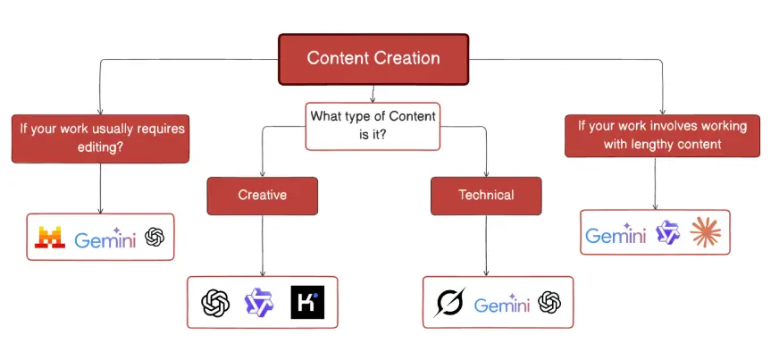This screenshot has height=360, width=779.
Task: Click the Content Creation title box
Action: click(x=373, y=59)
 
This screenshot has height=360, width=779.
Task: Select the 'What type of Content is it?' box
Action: click(x=373, y=126)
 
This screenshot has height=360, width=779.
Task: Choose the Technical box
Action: click(x=485, y=195)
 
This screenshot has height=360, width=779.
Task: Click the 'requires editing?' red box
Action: click(x=100, y=138)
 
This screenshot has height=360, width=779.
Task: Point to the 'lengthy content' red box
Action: click(x=663, y=135)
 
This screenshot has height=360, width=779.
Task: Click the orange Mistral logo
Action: click(x=49, y=238)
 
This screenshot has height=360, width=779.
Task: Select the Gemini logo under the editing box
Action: click(x=105, y=239)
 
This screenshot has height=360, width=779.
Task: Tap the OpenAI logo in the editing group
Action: click(x=155, y=238)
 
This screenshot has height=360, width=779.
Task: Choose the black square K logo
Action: click(x=308, y=303)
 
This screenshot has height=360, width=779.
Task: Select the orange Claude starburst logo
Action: click(x=706, y=233)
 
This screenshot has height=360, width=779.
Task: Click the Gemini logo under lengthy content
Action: click(x=616, y=235)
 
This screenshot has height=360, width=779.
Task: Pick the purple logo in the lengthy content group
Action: click(x=668, y=233)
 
